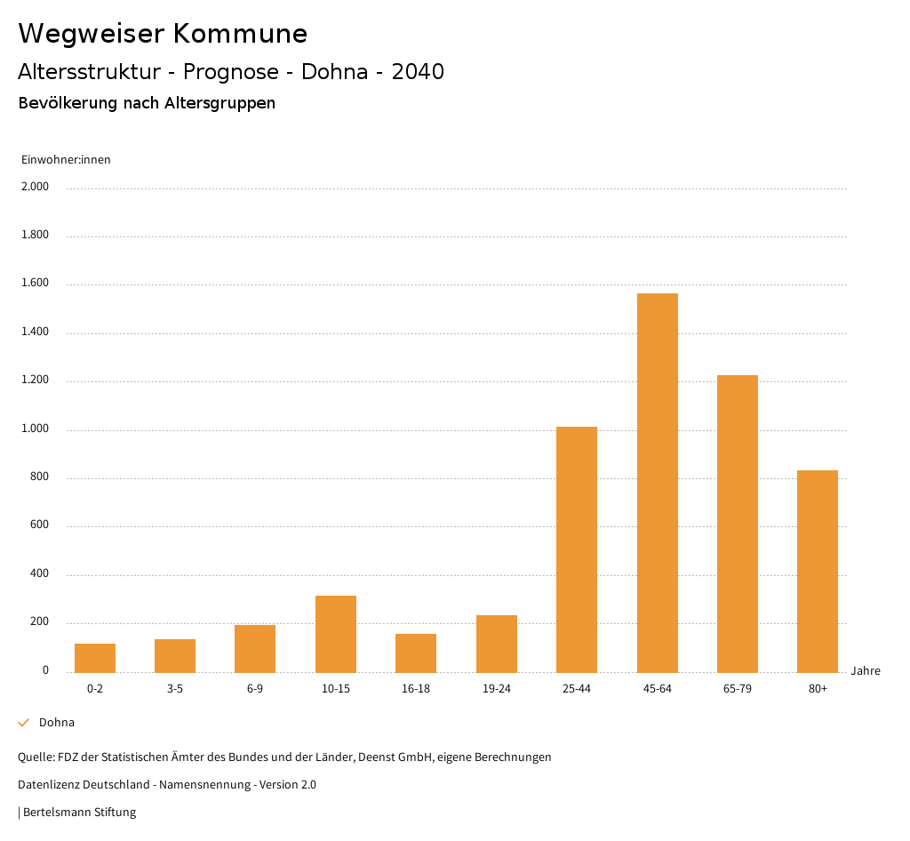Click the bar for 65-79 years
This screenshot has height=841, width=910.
pos(738,524)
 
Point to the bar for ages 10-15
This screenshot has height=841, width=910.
pos(336,634)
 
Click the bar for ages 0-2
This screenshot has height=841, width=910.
pos(95,658)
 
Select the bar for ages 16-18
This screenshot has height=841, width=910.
pos(416,653)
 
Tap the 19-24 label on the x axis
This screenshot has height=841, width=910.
pos(496,689)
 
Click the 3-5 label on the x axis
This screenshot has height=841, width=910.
pos(175,689)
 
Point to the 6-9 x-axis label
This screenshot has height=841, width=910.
pos(255,689)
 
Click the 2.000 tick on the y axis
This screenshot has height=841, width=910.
pos(36,188)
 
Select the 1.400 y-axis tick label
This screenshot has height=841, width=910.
pos(36,332)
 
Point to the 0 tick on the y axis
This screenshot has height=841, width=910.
pos(45,670)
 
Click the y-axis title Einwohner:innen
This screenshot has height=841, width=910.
pos(66,160)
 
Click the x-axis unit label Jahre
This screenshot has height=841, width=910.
pos(866,671)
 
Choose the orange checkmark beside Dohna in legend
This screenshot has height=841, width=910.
pos(24,723)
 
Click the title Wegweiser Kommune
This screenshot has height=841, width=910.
pos(163,34)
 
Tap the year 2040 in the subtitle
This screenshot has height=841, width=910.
pos(418,72)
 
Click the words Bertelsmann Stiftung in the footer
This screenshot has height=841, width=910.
pos(79,813)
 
